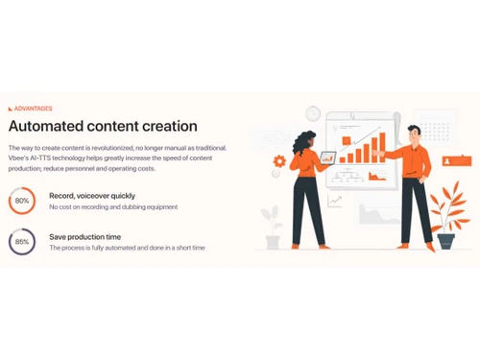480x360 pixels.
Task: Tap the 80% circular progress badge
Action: click(x=21, y=202)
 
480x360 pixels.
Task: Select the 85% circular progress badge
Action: click(x=21, y=242)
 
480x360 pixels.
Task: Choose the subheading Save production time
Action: click(x=84, y=236)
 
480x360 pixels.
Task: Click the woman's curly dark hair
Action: click(x=309, y=140)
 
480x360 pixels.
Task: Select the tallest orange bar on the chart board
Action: click(x=372, y=144)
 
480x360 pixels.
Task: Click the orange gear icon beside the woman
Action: click(x=279, y=161)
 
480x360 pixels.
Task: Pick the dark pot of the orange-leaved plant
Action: click(x=445, y=240)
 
